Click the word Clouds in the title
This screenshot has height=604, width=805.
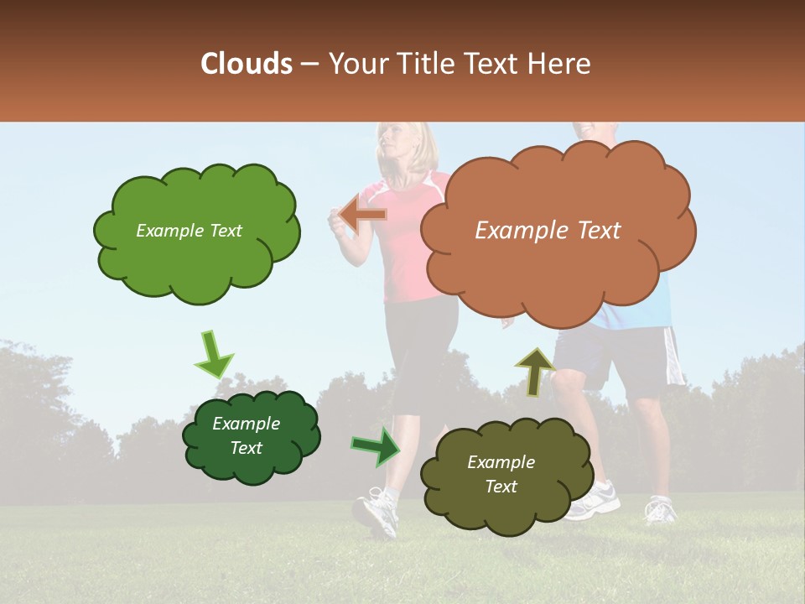(247, 64)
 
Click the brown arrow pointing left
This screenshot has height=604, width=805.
(362, 215)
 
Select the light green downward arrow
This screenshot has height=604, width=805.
(213, 354)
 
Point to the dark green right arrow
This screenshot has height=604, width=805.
(376, 446)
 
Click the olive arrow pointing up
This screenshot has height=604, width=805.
(535, 371)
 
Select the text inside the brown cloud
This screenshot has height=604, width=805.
(548, 231)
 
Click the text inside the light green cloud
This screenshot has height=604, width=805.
(189, 231)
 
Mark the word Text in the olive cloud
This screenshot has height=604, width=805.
(501, 487)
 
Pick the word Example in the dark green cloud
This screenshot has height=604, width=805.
(246, 424)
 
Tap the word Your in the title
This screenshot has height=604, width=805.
(351, 64)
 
